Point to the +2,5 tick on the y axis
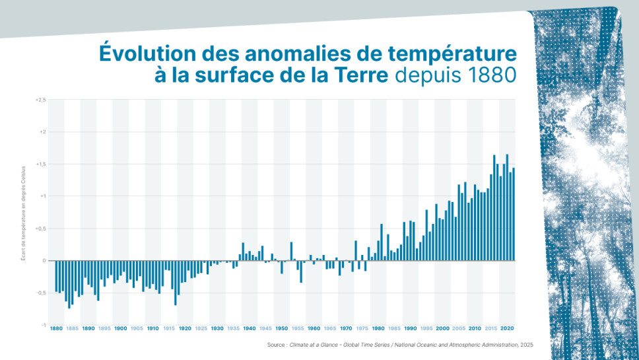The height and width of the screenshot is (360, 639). coord(40,100)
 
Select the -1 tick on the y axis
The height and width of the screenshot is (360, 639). coord(43,325)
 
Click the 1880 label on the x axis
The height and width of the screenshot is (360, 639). coord(56,328)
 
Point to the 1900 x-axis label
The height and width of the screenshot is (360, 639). coord(121,328)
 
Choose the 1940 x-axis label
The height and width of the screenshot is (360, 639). coord(250,328)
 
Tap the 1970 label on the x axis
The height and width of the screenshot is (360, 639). coord(346,328)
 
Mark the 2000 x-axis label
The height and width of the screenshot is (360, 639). coord(442,328)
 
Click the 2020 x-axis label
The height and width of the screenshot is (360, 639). coord(507,328)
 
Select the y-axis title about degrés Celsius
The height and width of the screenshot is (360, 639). coord(24,212)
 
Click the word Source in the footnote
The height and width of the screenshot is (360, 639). coord(275,345)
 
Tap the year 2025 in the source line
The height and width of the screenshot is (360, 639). coord(526,345)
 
